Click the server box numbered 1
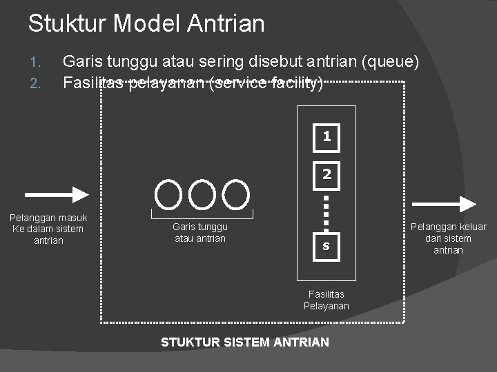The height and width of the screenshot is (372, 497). [327, 137]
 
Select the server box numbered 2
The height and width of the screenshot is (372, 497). [327, 175]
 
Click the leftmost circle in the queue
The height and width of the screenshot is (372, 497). [168, 194]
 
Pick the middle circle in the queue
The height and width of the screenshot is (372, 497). [202, 194]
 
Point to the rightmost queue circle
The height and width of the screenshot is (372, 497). [237, 194]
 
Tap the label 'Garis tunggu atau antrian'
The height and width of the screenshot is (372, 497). [199, 232]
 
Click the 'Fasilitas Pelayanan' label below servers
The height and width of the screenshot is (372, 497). [327, 300]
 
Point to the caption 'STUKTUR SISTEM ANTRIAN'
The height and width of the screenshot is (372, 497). [245, 342]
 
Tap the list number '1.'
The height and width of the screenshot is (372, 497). [37, 63]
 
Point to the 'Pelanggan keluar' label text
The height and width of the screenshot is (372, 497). [449, 227]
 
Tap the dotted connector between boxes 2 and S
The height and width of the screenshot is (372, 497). [327, 211]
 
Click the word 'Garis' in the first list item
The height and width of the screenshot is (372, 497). [79, 62]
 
